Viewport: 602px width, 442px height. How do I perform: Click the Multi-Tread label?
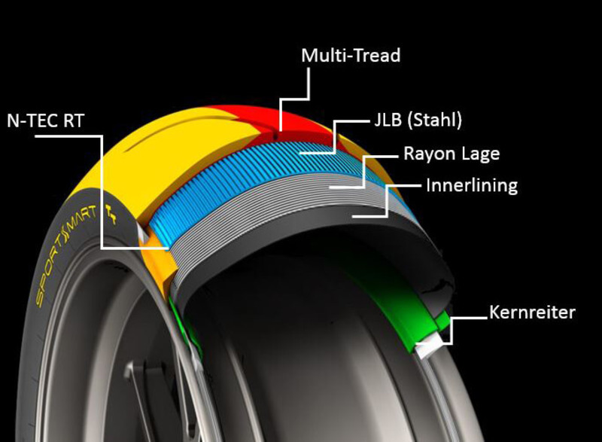[x=350, y=56]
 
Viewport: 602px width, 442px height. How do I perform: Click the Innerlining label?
[x=471, y=185]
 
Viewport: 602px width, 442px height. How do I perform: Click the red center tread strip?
[x=248, y=120]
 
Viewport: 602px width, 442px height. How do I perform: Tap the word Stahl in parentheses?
[x=436, y=120]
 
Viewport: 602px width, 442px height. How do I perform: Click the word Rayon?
[x=431, y=154]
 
